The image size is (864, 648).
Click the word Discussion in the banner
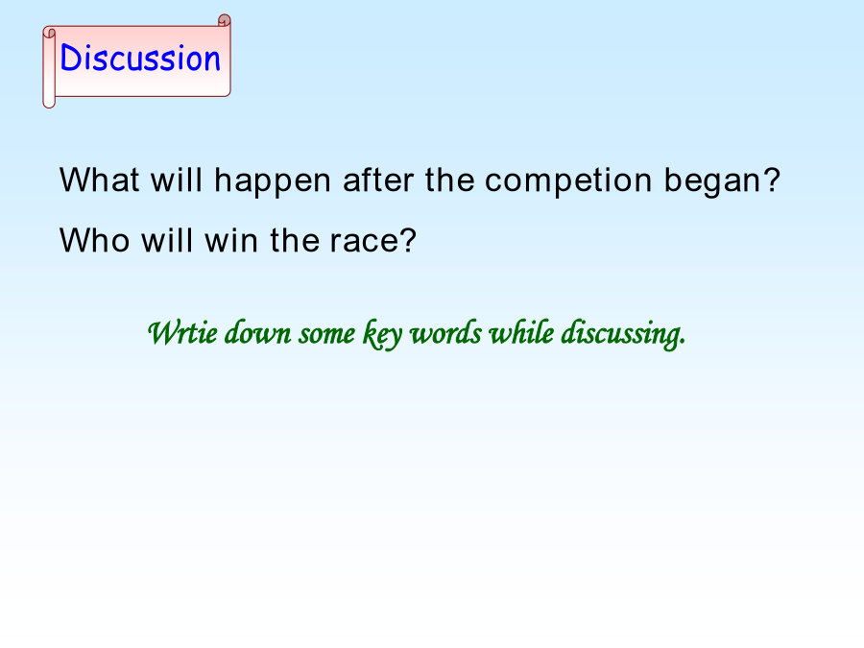click(140, 58)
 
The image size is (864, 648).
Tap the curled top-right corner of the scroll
click(225, 21)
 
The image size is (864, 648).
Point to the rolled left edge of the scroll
click(49, 67)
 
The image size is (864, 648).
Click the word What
click(99, 180)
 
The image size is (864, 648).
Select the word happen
click(273, 181)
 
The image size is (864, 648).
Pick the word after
click(378, 180)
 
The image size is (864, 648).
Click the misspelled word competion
click(568, 181)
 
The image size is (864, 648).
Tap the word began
click(722, 181)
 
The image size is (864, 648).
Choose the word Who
click(94, 240)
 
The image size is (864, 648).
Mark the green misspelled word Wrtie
click(182, 332)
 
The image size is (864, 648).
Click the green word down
click(258, 332)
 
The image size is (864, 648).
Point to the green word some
click(326, 335)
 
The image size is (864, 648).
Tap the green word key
click(382, 334)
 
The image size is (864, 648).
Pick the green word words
click(445, 332)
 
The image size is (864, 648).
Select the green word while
click(521, 332)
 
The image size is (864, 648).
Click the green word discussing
click(623, 334)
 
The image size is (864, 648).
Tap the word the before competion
click(449, 180)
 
